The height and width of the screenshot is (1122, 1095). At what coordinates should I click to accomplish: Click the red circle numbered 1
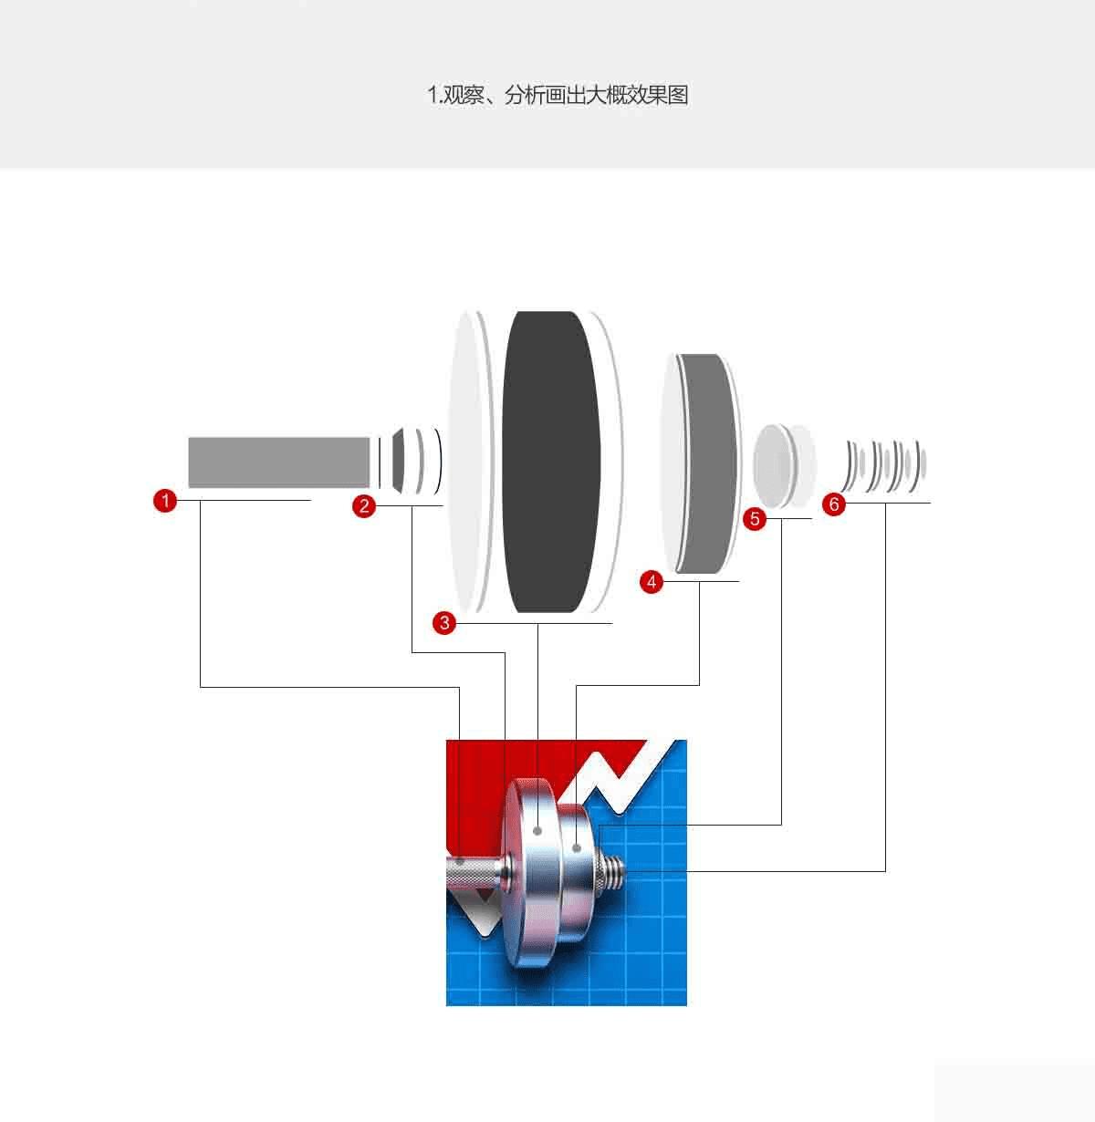(165, 500)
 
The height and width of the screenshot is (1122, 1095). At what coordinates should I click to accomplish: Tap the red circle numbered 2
(364, 506)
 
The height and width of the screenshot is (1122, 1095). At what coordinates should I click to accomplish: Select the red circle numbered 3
(444, 623)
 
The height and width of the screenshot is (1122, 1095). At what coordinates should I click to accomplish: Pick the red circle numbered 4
(652, 581)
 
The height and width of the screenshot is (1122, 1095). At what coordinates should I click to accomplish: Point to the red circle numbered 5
(755, 518)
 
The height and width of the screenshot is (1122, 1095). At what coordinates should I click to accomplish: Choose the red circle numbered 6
(834, 504)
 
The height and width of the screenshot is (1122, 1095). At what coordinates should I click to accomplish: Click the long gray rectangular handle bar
(279, 462)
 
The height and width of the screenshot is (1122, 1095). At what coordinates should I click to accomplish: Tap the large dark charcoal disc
(551, 462)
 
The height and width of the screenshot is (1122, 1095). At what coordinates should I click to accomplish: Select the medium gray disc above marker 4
(708, 463)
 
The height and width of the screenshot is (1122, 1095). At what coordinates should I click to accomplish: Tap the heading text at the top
(558, 95)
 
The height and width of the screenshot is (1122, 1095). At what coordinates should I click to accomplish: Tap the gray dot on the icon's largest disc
(537, 831)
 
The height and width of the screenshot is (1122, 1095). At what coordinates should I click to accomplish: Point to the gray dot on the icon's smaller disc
(576, 847)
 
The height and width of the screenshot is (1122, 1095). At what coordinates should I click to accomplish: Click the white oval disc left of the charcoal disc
(466, 462)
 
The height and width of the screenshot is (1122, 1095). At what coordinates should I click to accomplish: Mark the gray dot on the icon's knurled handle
(460, 862)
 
